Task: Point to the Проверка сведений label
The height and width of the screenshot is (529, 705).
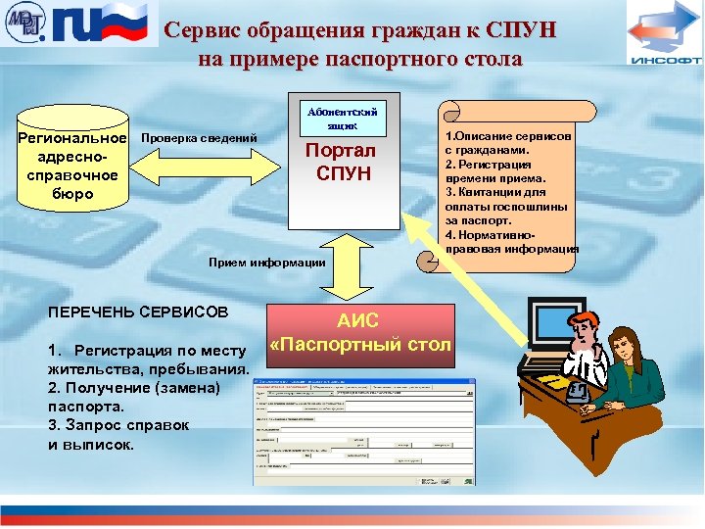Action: coord(200,138)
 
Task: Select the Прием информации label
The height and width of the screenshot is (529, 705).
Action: coord(266,262)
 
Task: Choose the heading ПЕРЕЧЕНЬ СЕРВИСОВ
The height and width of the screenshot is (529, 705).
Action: coord(137,312)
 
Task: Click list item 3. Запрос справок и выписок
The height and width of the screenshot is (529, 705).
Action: coord(117,434)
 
